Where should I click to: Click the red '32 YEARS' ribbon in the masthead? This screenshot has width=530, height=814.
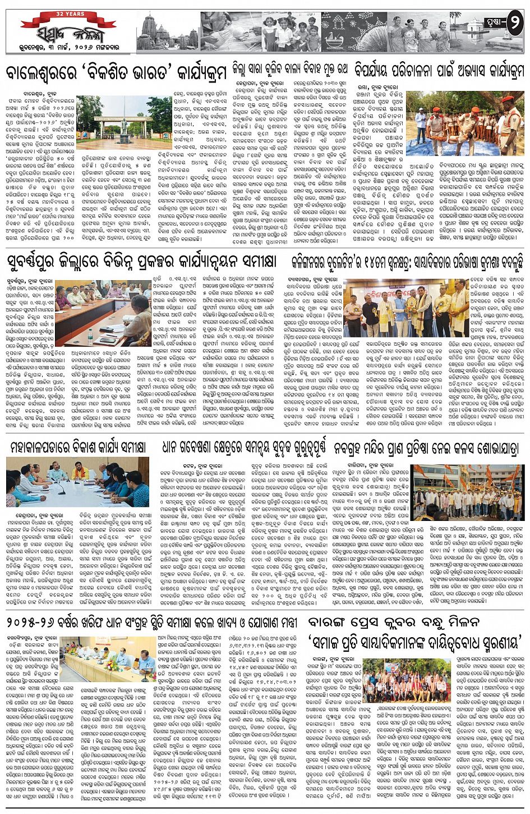[x=69, y=13]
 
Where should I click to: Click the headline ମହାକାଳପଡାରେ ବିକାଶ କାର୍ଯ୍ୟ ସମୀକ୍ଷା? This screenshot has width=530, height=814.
[x=78, y=447]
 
